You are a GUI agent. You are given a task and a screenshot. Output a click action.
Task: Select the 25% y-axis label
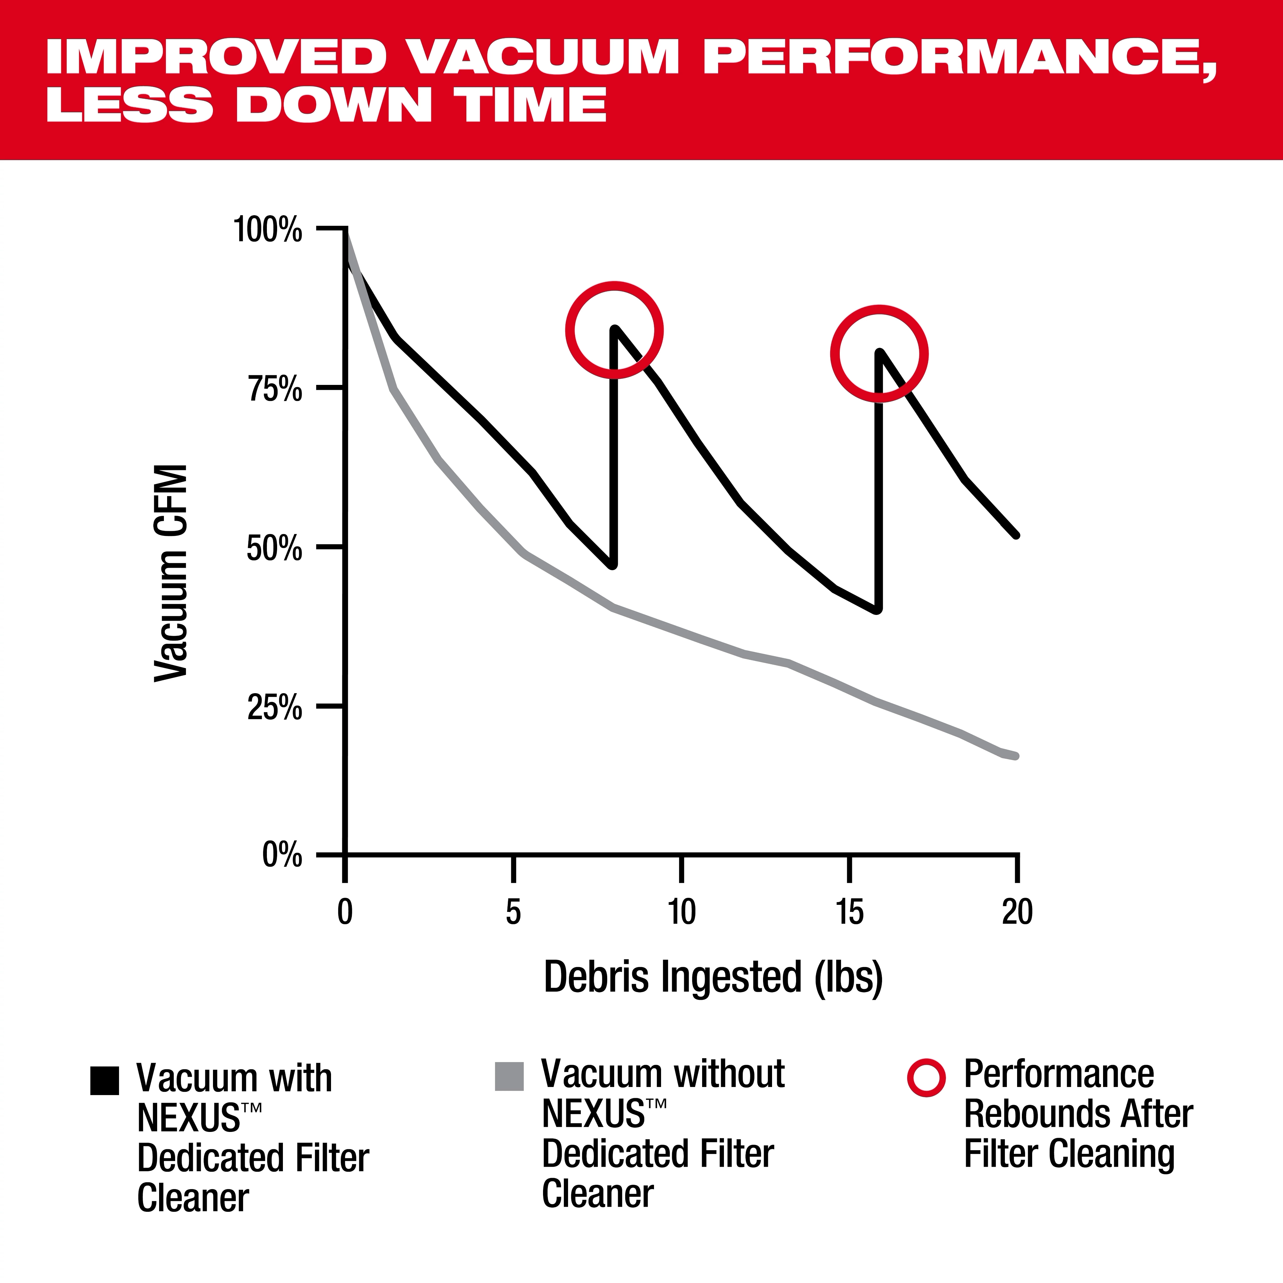[275, 708]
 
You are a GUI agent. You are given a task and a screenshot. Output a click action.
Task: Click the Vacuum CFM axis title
[171, 573]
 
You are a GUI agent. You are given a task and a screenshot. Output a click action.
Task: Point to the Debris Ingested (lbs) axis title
[713, 977]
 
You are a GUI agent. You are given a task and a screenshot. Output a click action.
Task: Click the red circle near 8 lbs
[614, 330]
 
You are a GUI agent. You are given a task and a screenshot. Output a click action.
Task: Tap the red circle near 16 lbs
[879, 354]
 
